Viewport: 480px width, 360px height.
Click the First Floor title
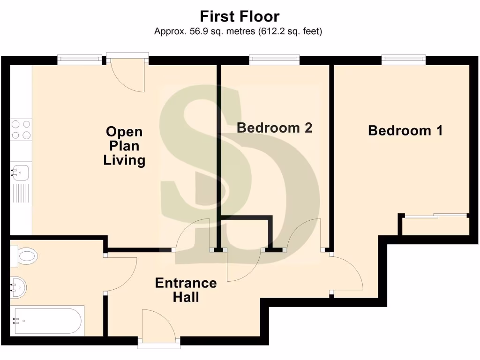[x=240, y=16]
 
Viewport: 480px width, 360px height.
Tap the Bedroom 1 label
[x=405, y=130]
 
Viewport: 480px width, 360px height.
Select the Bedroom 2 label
[x=274, y=127]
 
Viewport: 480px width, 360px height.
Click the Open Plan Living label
[x=124, y=146]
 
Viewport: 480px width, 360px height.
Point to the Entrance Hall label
[x=186, y=290]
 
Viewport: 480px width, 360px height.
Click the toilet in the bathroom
[x=26, y=255]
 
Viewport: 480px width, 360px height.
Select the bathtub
[x=48, y=321]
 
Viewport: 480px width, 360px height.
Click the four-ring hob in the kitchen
[x=21, y=130]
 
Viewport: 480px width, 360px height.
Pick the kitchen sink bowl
[x=21, y=172]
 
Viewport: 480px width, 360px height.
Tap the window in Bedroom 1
[x=403, y=60]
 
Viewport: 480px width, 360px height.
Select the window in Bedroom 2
[x=274, y=60]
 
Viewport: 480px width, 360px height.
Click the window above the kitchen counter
[x=80, y=60]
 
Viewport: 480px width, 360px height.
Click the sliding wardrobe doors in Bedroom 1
[x=436, y=216]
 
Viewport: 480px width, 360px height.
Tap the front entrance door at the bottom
[x=159, y=328]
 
